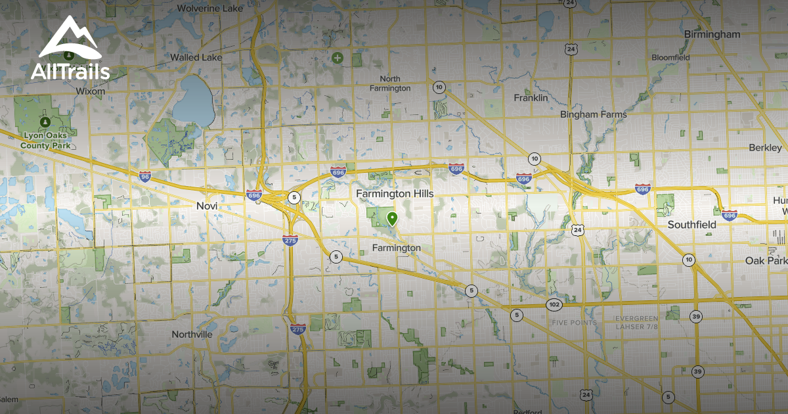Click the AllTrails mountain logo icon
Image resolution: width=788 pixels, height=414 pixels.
coord(69,40)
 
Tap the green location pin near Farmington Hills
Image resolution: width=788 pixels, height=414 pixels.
coord(392,218)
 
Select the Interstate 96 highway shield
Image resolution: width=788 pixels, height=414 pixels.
coord(145,176)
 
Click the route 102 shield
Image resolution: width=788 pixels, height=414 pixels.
coord(553,304)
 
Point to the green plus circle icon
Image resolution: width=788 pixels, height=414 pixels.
coord(338,58)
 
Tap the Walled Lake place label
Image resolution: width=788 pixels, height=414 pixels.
coord(196,58)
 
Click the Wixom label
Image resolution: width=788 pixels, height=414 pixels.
coord(90,91)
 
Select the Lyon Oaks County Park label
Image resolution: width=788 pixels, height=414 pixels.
coord(45,140)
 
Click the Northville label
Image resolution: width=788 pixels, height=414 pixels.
coord(192,334)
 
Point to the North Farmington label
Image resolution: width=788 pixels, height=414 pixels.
coord(390,83)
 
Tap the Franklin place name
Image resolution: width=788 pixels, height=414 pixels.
coord(531,97)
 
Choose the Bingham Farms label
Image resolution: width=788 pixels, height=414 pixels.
coord(593,114)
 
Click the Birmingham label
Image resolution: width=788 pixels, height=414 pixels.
coord(712,34)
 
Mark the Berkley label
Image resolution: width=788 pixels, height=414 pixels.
coord(765,148)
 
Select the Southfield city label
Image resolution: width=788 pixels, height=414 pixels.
coord(691,225)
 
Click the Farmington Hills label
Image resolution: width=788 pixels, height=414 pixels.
coord(394,194)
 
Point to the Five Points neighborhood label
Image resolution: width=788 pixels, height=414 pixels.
coord(575,323)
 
